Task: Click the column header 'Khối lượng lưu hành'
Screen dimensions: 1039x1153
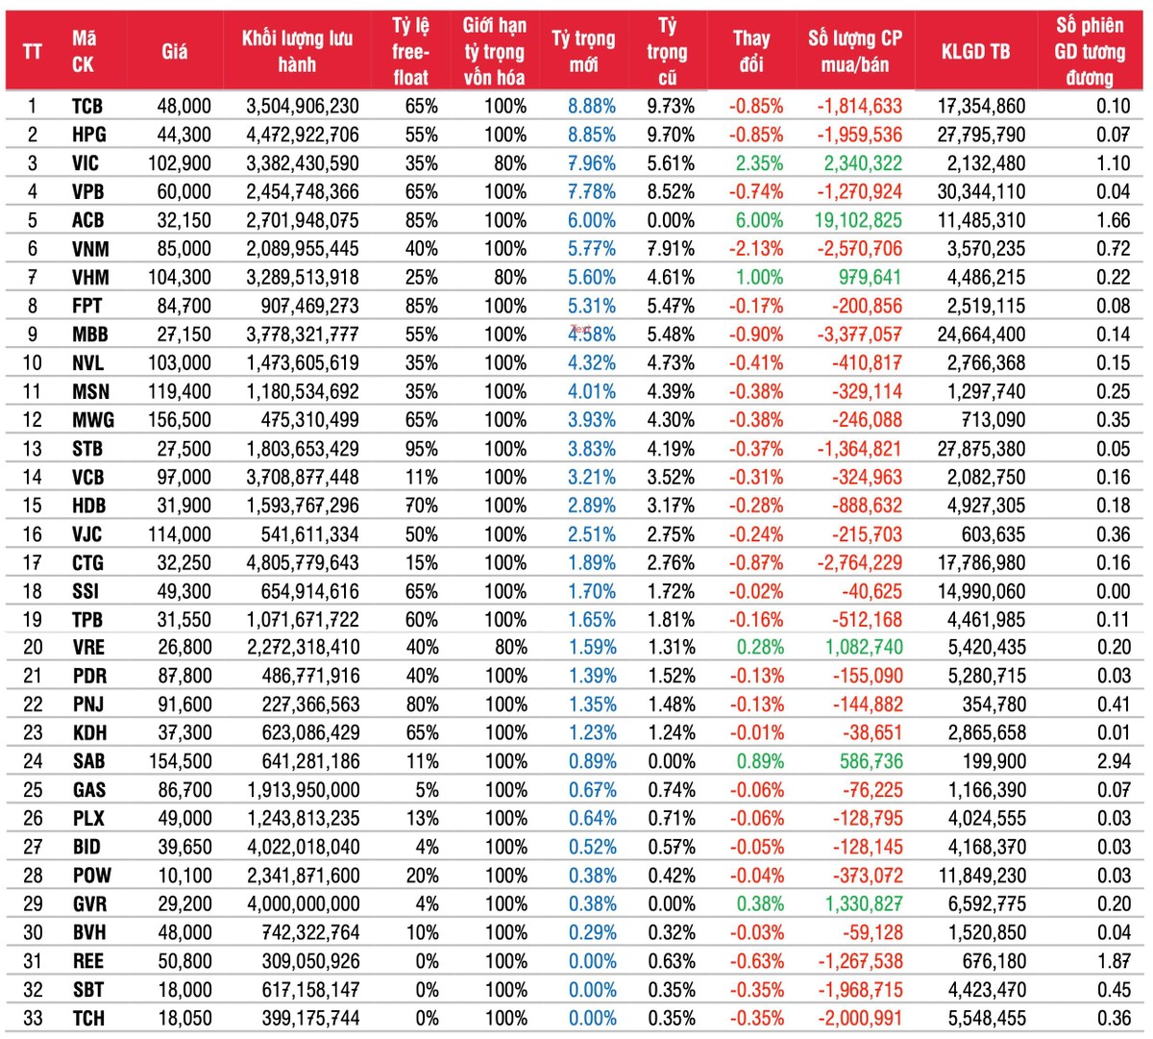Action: tap(297, 51)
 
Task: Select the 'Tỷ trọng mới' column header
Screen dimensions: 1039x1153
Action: tap(583, 51)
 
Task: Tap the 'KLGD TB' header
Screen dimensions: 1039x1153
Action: tap(975, 51)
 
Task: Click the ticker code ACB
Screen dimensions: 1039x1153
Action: tap(87, 220)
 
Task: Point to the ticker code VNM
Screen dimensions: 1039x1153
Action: tap(90, 249)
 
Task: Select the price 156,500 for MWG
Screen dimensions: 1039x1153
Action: tap(180, 420)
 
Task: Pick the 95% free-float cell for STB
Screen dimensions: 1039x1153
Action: tap(421, 449)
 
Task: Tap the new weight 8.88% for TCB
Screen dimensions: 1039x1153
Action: tap(591, 107)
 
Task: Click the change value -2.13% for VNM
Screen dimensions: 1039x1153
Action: tap(755, 249)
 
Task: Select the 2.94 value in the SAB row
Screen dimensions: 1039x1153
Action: tap(1114, 761)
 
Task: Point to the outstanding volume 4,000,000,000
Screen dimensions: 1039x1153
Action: tap(303, 904)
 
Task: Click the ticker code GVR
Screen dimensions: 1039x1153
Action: tap(89, 904)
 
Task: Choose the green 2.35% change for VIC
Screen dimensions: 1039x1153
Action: tap(759, 163)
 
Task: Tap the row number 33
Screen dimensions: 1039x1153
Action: tap(33, 1018)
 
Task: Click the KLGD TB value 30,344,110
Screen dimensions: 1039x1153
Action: tap(981, 192)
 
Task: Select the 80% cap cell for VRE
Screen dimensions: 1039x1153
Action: tap(510, 648)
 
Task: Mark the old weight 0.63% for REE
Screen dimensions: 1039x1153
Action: tap(671, 961)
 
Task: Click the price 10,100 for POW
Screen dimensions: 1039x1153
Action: tap(184, 876)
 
